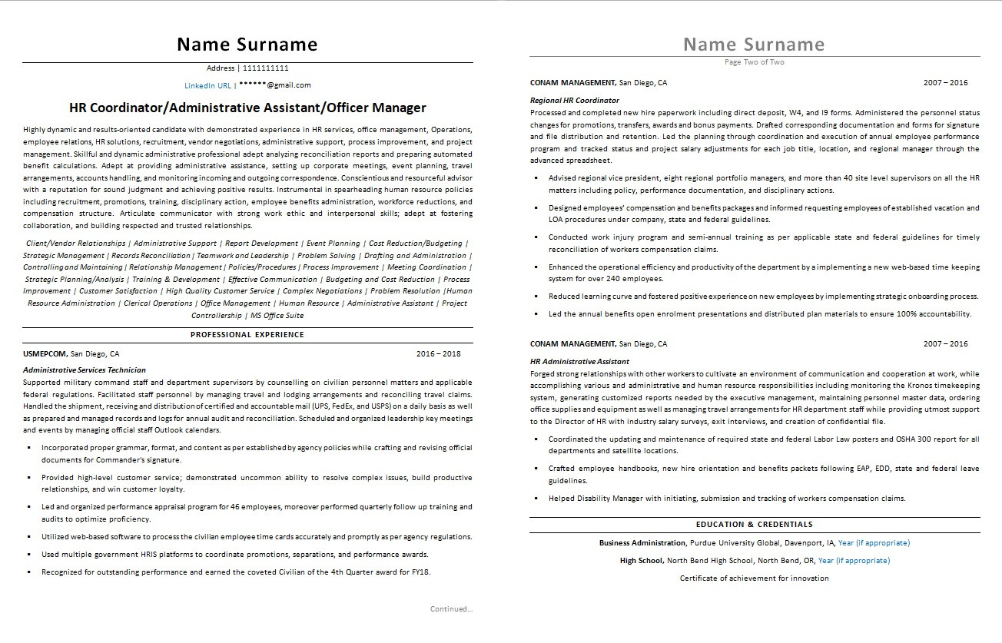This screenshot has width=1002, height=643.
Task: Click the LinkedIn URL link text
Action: click(x=207, y=85)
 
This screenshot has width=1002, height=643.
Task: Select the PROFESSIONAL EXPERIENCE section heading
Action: click(x=247, y=334)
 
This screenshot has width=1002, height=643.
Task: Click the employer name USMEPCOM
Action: click(x=45, y=354)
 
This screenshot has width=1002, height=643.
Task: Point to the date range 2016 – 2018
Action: click(x=438, y=354)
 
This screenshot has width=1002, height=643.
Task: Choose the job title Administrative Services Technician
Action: click(x=85, y=370)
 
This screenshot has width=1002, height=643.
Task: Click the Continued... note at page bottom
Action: click(x=452, y=609)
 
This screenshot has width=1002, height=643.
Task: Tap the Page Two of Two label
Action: click(x=755, y=62)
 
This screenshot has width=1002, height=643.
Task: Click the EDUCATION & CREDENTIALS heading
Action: click(x=754, y=525)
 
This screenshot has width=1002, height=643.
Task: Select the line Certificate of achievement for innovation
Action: click(x=754, y=578)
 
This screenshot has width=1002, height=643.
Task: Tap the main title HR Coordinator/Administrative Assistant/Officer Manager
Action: click(x=247, y=108)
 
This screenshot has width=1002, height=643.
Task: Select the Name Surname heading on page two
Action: click(x=754, y=44)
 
